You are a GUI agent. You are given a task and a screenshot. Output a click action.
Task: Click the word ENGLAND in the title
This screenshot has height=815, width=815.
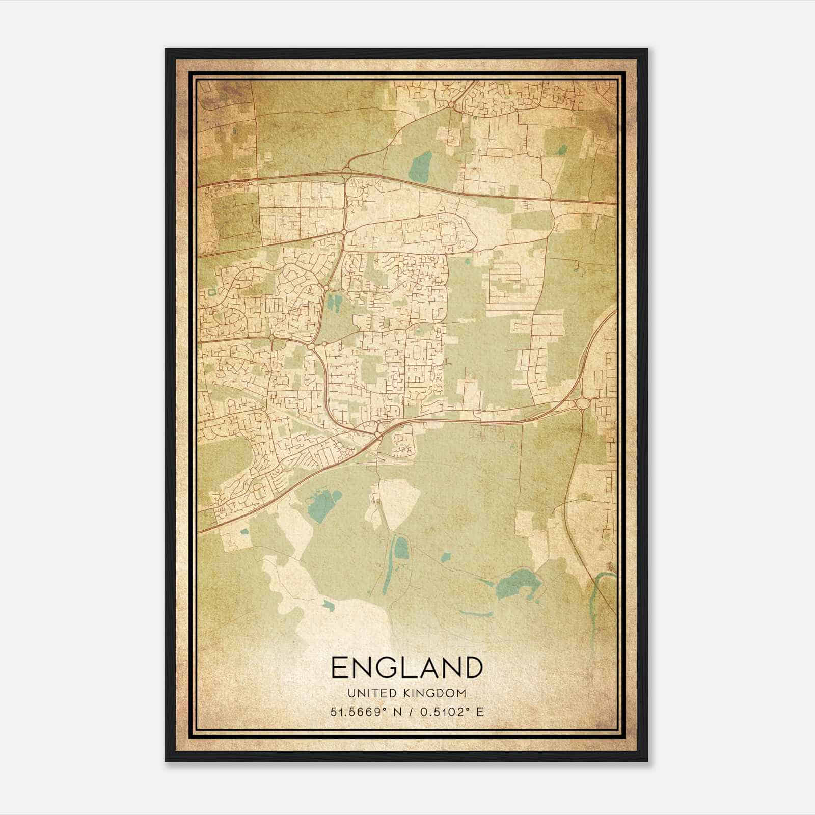[406, 668]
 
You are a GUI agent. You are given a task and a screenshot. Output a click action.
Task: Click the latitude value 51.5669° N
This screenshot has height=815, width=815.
[363, 712]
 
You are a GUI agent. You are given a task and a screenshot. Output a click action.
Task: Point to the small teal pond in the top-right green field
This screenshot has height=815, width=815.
[562, 150]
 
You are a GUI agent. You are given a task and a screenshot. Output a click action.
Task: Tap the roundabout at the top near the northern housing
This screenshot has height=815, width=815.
[452, 104]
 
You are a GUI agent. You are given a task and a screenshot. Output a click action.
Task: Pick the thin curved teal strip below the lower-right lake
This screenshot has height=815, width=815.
[476, 613]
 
